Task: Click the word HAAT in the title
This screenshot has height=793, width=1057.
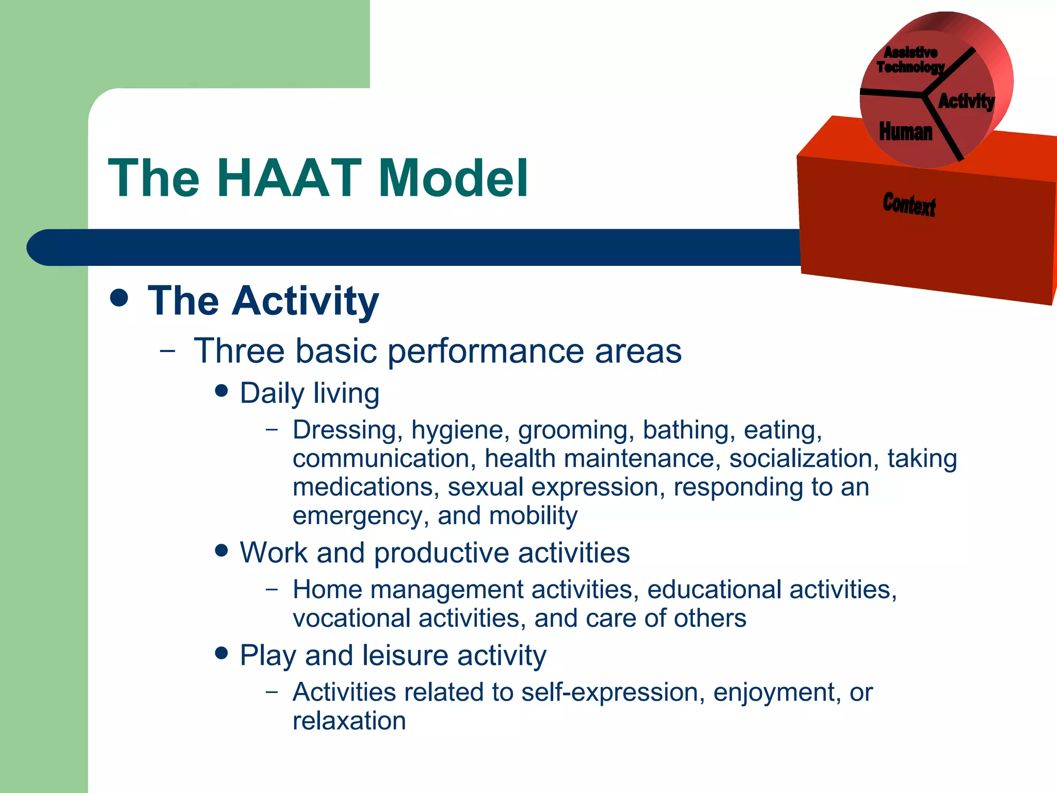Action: (x=289, y=178)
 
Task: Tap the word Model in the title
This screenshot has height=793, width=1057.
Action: (x=453, y=178)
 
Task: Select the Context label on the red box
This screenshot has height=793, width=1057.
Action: (x=909, y=204)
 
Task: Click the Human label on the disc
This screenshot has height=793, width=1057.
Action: (x=906, y=132)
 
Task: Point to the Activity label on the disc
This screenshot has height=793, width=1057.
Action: (x=966, y=101)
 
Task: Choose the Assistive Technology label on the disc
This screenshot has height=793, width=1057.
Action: (x=910, y=60)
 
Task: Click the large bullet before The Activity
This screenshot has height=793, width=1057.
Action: (x=119, y=298)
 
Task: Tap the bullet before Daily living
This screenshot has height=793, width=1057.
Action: (x=221, y=391)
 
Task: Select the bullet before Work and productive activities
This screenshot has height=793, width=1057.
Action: (x=221, y=550)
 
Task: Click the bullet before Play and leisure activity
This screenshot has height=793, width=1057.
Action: (x=221, y=653)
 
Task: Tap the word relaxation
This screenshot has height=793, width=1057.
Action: (x=349, y=721)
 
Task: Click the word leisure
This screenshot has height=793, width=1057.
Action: (x=405, y=656)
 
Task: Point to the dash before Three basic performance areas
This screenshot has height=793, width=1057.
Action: (x=168, y=352)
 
